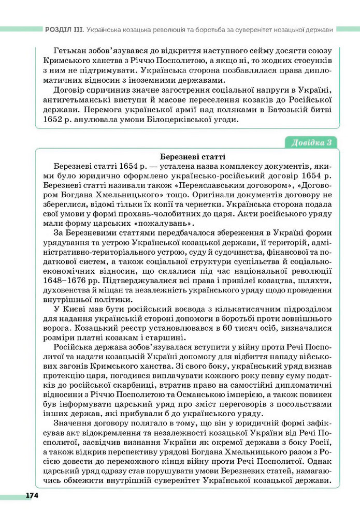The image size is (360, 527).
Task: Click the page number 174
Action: pyautogui.click(x=32, y=495)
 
